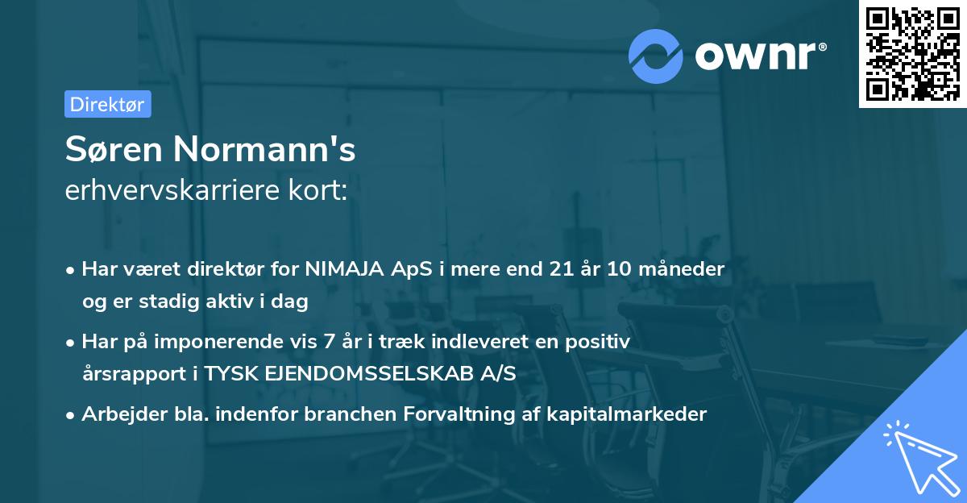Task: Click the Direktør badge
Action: (x=107, y=104)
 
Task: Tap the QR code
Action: (x=912, y=54)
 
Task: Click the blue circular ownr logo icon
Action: (x=656, y=56)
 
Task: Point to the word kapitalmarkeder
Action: (x=638, y=414)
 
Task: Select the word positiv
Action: (x=599, y=342)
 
